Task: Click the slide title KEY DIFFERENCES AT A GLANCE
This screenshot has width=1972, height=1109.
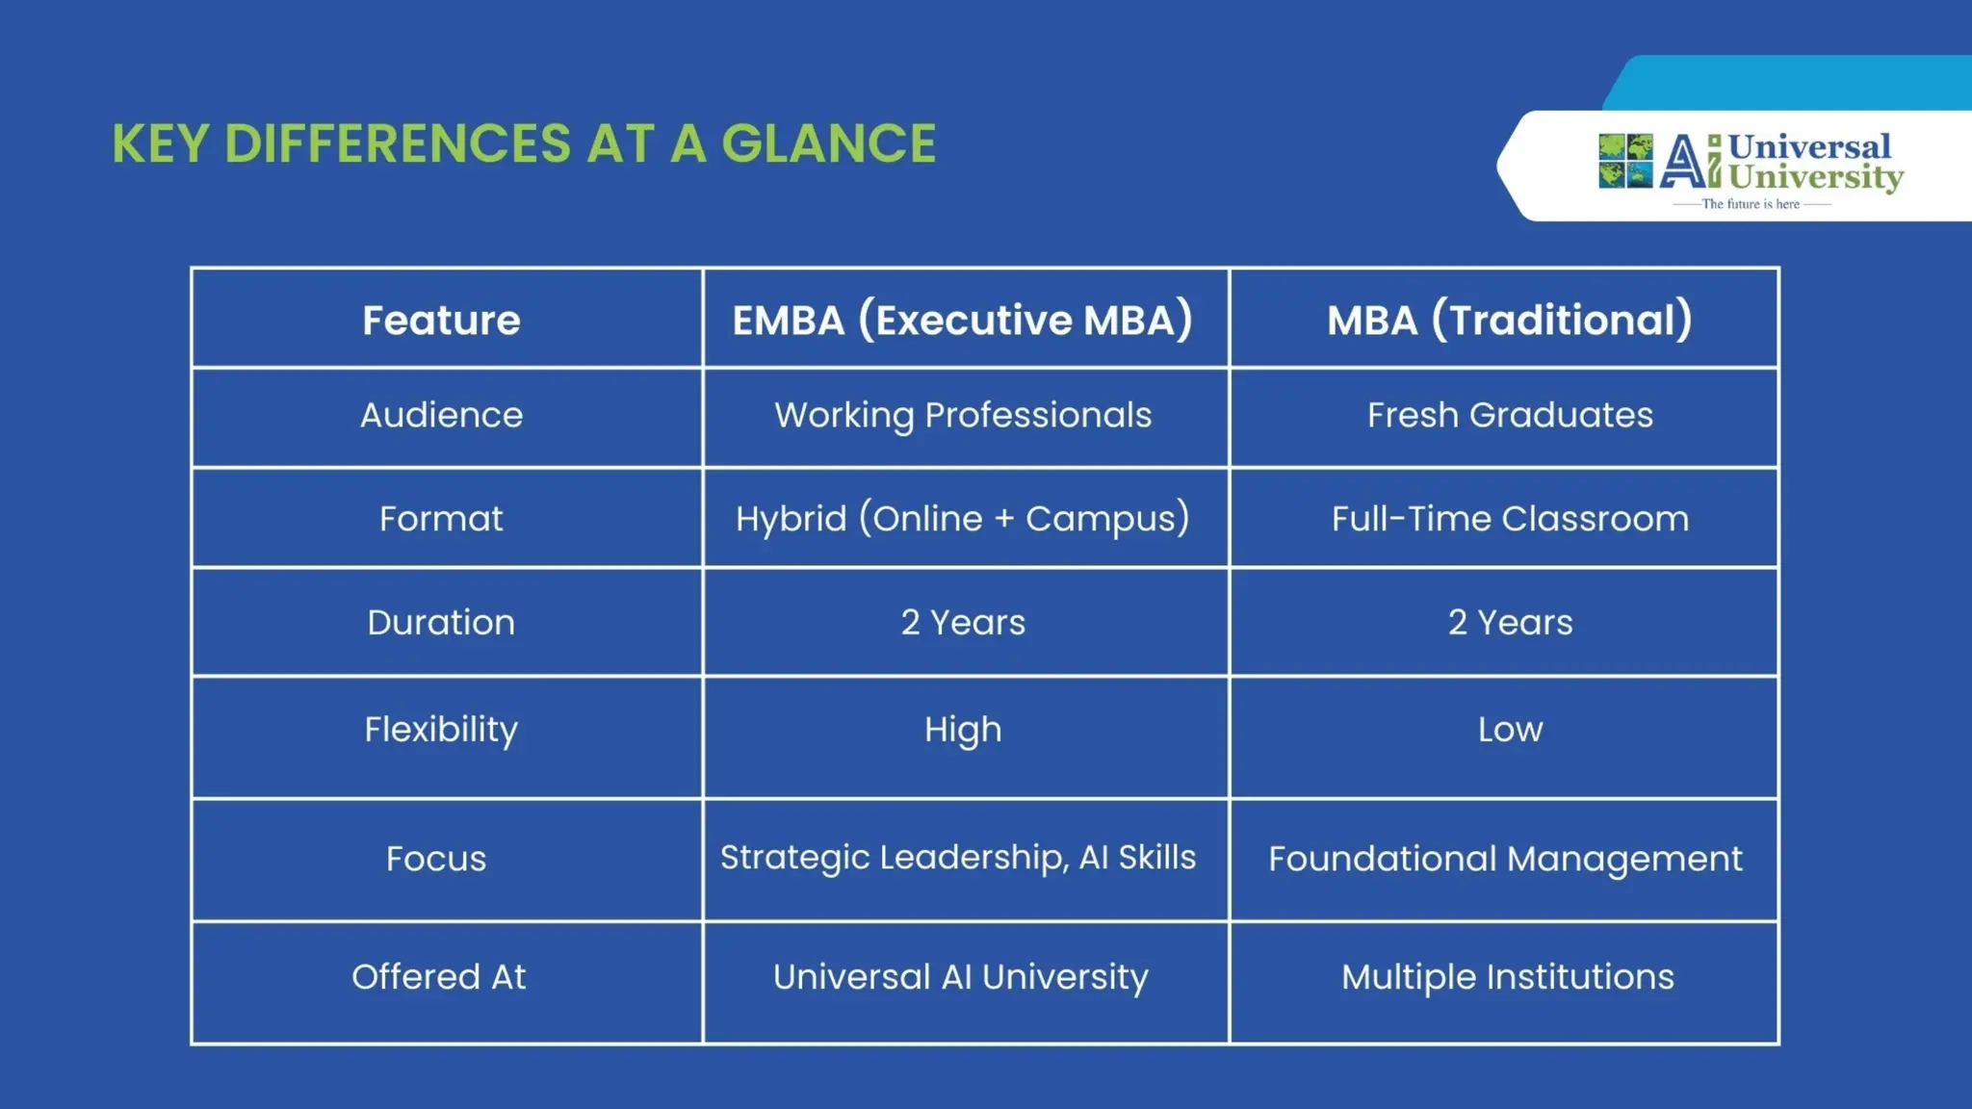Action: click(524, 144)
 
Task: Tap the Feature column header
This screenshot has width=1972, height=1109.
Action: click(441, 320)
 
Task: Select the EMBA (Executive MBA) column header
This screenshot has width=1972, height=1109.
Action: click(962, 320)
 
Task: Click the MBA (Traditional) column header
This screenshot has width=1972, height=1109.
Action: click(1509, 320)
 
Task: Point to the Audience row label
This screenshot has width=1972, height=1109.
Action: click(441, 415)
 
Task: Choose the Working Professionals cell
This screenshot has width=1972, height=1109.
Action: click(963, 415)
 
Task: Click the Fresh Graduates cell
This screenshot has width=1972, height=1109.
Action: click(1509, 415)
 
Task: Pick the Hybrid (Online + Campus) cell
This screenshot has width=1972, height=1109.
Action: click(963, 519)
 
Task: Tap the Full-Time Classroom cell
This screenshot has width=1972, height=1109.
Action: click(1509, 519)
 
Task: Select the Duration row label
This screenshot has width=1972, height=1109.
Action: click(441, 623)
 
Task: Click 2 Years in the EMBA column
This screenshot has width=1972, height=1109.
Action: click(963, 623)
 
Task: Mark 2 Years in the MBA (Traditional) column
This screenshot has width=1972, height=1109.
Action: click(1509, 623)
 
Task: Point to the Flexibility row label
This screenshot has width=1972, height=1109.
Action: click(441, 730)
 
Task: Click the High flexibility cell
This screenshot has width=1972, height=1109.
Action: click(963, 730)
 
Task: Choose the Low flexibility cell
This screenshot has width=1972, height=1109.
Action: click(1509, 730)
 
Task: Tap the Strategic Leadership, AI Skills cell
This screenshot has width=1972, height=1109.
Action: click(958, 858)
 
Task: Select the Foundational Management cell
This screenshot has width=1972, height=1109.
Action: click(1505, 859)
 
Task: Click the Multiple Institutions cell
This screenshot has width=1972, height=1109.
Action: click(1507, 977)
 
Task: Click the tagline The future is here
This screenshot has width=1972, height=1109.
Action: click(1751, 204)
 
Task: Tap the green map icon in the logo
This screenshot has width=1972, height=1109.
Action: click(1625, 161)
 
